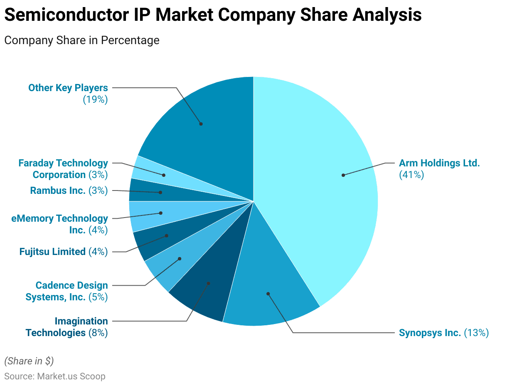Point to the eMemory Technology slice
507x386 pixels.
click(x=158, y=214)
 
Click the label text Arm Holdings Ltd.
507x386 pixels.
click(x=439, y=163)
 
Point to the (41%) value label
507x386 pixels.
click(x=411, y=175)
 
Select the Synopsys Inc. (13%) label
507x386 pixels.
click(x=443, y=333)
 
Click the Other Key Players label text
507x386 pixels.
click(x=68, y=88)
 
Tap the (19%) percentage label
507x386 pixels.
click(x=95, y=99)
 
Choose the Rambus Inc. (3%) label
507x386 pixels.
click(x=69, y=191)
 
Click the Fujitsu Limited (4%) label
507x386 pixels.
click(x=63, y=251)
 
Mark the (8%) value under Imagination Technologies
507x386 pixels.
click(x=98, y=333)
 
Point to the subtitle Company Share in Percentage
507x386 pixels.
click(x=82, y=40)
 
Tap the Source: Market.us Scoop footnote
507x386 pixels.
click(x=55, y=376)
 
